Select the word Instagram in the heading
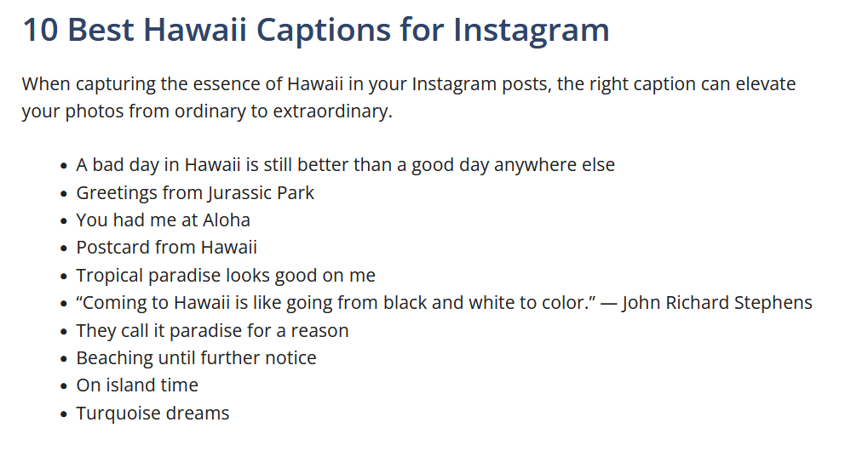coord(531,30)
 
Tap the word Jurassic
coord(238,192)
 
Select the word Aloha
coord(227,220)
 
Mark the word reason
coord(321,331)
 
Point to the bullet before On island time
coord(64,386)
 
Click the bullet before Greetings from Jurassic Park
coord(64,193)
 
